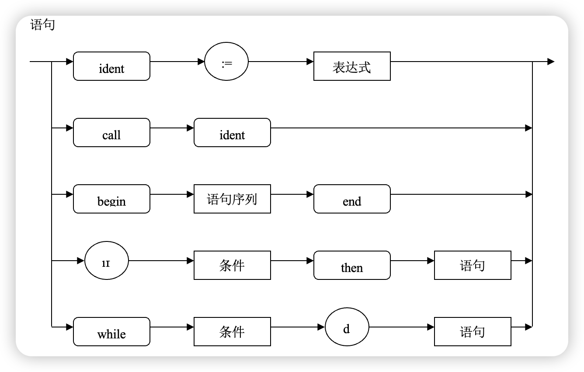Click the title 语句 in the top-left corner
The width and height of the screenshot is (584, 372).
click(x=42, y=25)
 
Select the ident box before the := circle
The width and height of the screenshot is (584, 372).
click(x=111, y=66)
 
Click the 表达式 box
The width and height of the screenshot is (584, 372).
click(x=352, y=66)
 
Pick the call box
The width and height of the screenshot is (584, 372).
click(x=111, y=133)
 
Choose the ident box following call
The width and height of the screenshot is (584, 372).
click(x=232, y=133)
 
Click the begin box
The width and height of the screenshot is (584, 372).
click(x=111, y=199)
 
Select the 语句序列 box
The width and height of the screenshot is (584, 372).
click(x=232, y=199)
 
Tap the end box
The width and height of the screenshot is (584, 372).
click(x=352, y=199)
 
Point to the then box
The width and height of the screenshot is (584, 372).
click(x=352, y=265)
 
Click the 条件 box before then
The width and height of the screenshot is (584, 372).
click(x=232, y=265)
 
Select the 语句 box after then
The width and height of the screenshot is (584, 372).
click(x=473, y=265)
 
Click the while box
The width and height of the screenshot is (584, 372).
click(x=111, y=332)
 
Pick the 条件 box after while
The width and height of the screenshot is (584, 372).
click(x=232, y=332)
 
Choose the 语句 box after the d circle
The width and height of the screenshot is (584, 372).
click(x=473, y=332)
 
